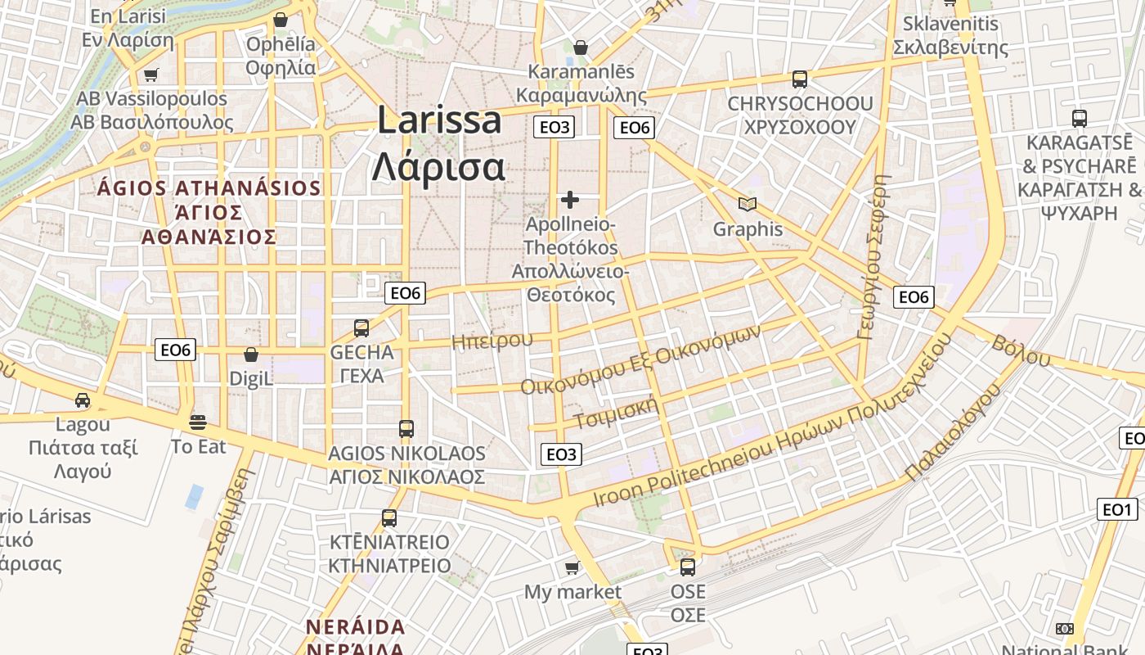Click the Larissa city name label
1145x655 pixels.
click(439, 143)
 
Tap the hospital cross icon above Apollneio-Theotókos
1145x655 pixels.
click(570, 199)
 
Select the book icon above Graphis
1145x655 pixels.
click(747, 204)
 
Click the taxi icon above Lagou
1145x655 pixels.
click(83, 400)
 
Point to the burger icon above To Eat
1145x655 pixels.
click(198, 422)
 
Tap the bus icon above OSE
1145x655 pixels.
click(688, 567)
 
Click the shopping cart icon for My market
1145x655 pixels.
click(572, 567)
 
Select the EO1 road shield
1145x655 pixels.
click(1116, 510)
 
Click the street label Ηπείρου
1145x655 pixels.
click(492, 341)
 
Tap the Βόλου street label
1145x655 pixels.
click(1021, 351)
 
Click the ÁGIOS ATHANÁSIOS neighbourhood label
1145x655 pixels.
click(209, 213)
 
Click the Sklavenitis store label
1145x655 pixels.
click(950, 35)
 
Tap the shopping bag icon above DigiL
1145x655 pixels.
click(251, 355)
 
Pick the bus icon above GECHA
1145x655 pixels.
click(361, 328)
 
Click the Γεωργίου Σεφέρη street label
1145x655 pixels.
click(873, 255)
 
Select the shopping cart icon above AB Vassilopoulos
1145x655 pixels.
click(150, 75)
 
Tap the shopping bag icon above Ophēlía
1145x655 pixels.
click(281, 20)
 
